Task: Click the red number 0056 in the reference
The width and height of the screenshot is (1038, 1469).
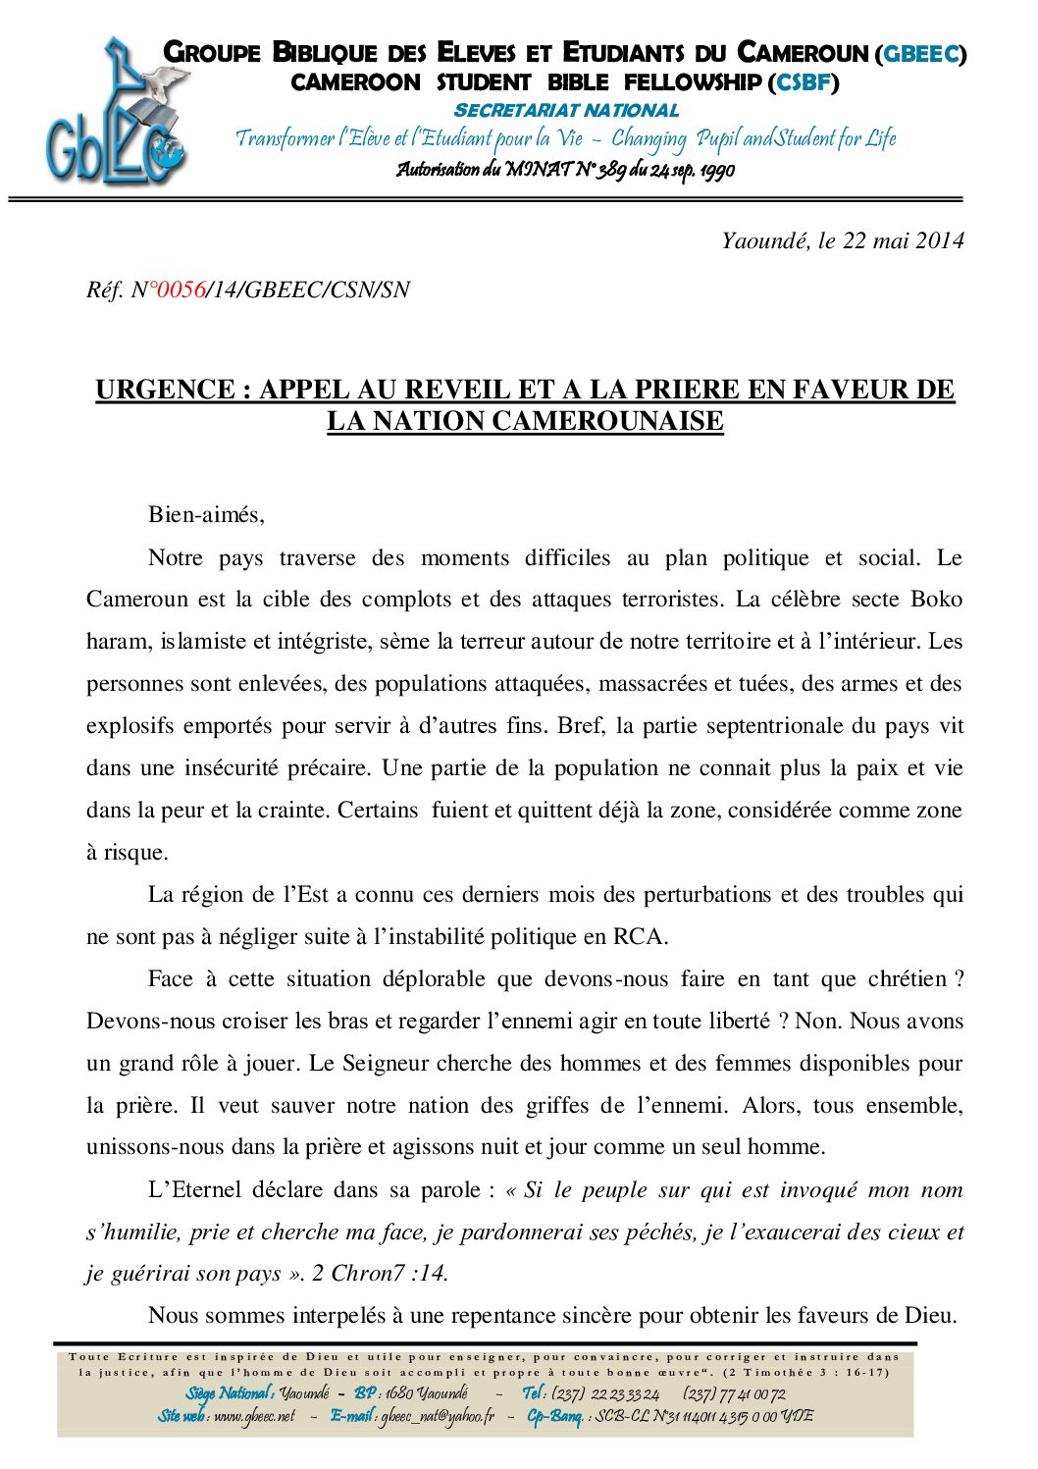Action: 182,290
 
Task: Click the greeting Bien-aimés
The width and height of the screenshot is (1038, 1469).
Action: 206,515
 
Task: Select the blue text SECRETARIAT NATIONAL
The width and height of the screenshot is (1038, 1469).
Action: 566,111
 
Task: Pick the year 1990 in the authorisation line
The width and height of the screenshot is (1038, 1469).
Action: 716,171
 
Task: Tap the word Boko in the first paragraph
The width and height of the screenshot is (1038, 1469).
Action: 937,600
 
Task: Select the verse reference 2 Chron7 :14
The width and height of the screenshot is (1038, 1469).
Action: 379,1274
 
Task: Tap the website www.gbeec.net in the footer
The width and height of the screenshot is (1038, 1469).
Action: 254,1416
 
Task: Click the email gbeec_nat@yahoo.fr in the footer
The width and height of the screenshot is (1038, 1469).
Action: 438,1416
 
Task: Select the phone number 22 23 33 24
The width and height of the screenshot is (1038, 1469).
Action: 624,1394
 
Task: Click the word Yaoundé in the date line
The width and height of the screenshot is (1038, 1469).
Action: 763,241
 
